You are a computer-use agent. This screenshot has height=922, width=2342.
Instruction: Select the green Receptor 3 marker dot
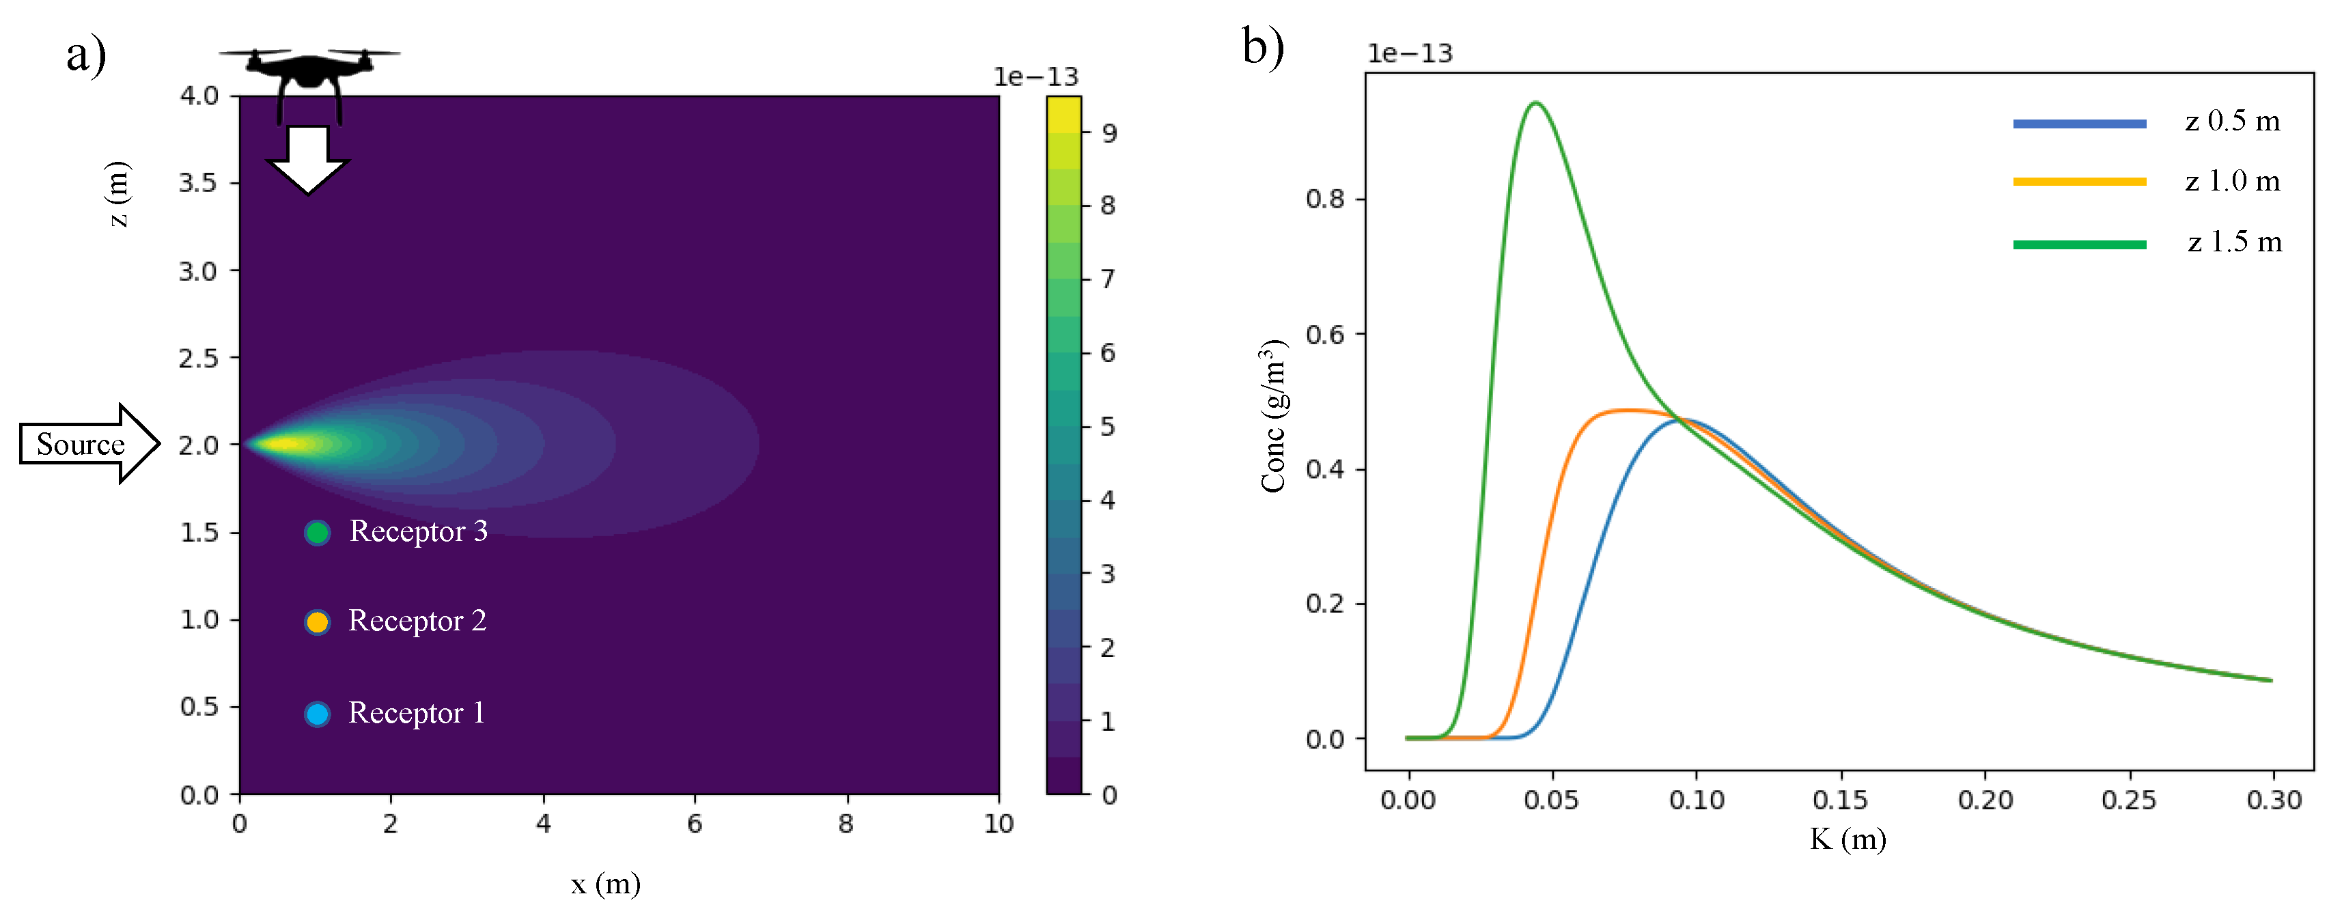coord(316,532)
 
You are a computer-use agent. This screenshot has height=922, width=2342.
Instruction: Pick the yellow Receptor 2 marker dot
coord(316,622)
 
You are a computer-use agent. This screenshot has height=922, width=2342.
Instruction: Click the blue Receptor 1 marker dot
coord(316,714)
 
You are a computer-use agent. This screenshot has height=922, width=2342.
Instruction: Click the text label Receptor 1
coord(417,713)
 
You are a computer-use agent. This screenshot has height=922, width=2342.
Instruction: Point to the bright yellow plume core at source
coord(286,444)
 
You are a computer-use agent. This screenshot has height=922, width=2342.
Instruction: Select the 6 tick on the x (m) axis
coord(695,824)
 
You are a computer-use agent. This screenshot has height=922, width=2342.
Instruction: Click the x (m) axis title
coord(606,883)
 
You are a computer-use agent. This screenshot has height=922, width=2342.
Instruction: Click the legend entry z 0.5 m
coord(2232,121)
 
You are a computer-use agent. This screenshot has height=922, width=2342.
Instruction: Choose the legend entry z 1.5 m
coord(2234,242)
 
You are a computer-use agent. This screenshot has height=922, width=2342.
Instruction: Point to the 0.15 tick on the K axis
coord(1840,800)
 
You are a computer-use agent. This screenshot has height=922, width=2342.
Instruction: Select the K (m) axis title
coord(1848,839)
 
